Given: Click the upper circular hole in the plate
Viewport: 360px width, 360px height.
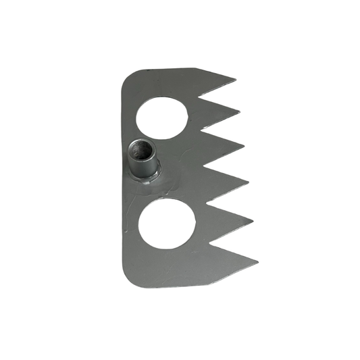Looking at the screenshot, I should (162, 118).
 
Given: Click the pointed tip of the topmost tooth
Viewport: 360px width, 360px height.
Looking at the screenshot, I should (235, 79).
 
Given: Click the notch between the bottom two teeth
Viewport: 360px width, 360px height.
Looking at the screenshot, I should (211, 241).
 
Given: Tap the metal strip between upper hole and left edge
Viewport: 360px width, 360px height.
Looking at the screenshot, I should (128, 118).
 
